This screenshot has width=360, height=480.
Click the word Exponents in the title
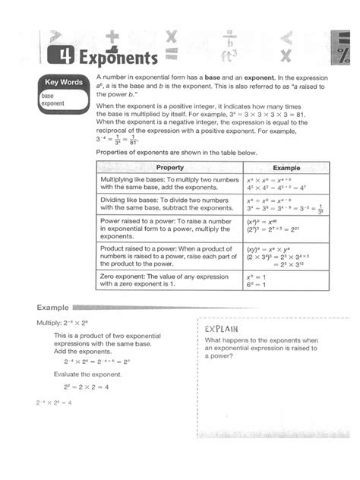coord(114,58)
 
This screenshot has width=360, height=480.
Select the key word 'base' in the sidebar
coord(48,96)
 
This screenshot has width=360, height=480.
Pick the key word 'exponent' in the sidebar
coord(53,103)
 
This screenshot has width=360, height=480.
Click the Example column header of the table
coord(287,167)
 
